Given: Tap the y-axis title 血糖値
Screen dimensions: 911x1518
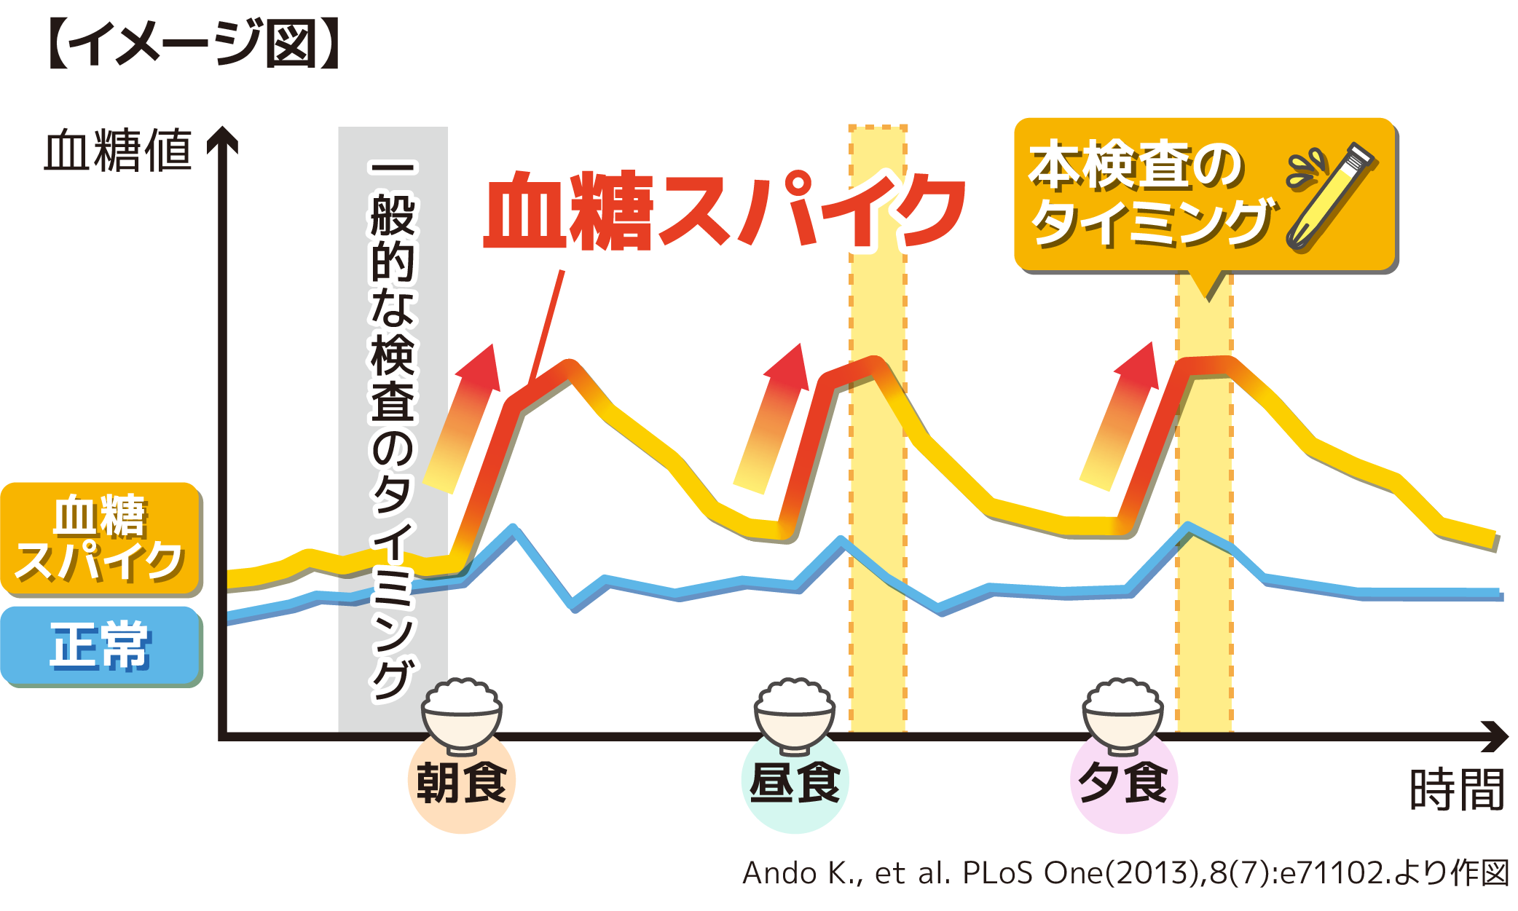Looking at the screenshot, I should click(x=118, y=151).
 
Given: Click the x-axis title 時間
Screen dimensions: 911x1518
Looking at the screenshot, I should click(x=1456, y=790).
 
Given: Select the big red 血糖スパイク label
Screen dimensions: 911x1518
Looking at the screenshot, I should click(x=725, y=211).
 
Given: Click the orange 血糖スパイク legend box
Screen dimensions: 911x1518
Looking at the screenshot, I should click(x=101, y=538).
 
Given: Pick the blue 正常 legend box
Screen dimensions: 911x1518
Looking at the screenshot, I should click(x=101, y=645).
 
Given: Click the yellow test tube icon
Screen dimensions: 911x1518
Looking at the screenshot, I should click(x=1329, y=197).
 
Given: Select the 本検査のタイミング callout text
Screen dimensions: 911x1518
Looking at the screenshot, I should click(x=1151, y=194).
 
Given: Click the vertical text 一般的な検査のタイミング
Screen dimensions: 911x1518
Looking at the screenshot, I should click(x=393, y=430).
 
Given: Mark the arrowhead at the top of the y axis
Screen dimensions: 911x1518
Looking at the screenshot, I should click(x=223, y=138).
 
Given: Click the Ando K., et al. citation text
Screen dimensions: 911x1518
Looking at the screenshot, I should click(x=1125, y=872).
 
